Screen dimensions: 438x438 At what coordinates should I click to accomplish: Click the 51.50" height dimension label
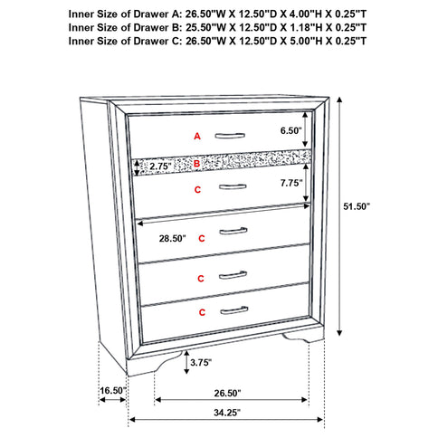point(380,205)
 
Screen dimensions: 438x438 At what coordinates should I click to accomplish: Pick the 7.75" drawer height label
point(291,183)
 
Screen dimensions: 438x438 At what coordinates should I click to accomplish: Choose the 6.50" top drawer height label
point(291,130)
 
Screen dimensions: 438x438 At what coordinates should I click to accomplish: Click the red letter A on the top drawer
point(196,136)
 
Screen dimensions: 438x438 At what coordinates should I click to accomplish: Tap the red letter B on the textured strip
point(196,163)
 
